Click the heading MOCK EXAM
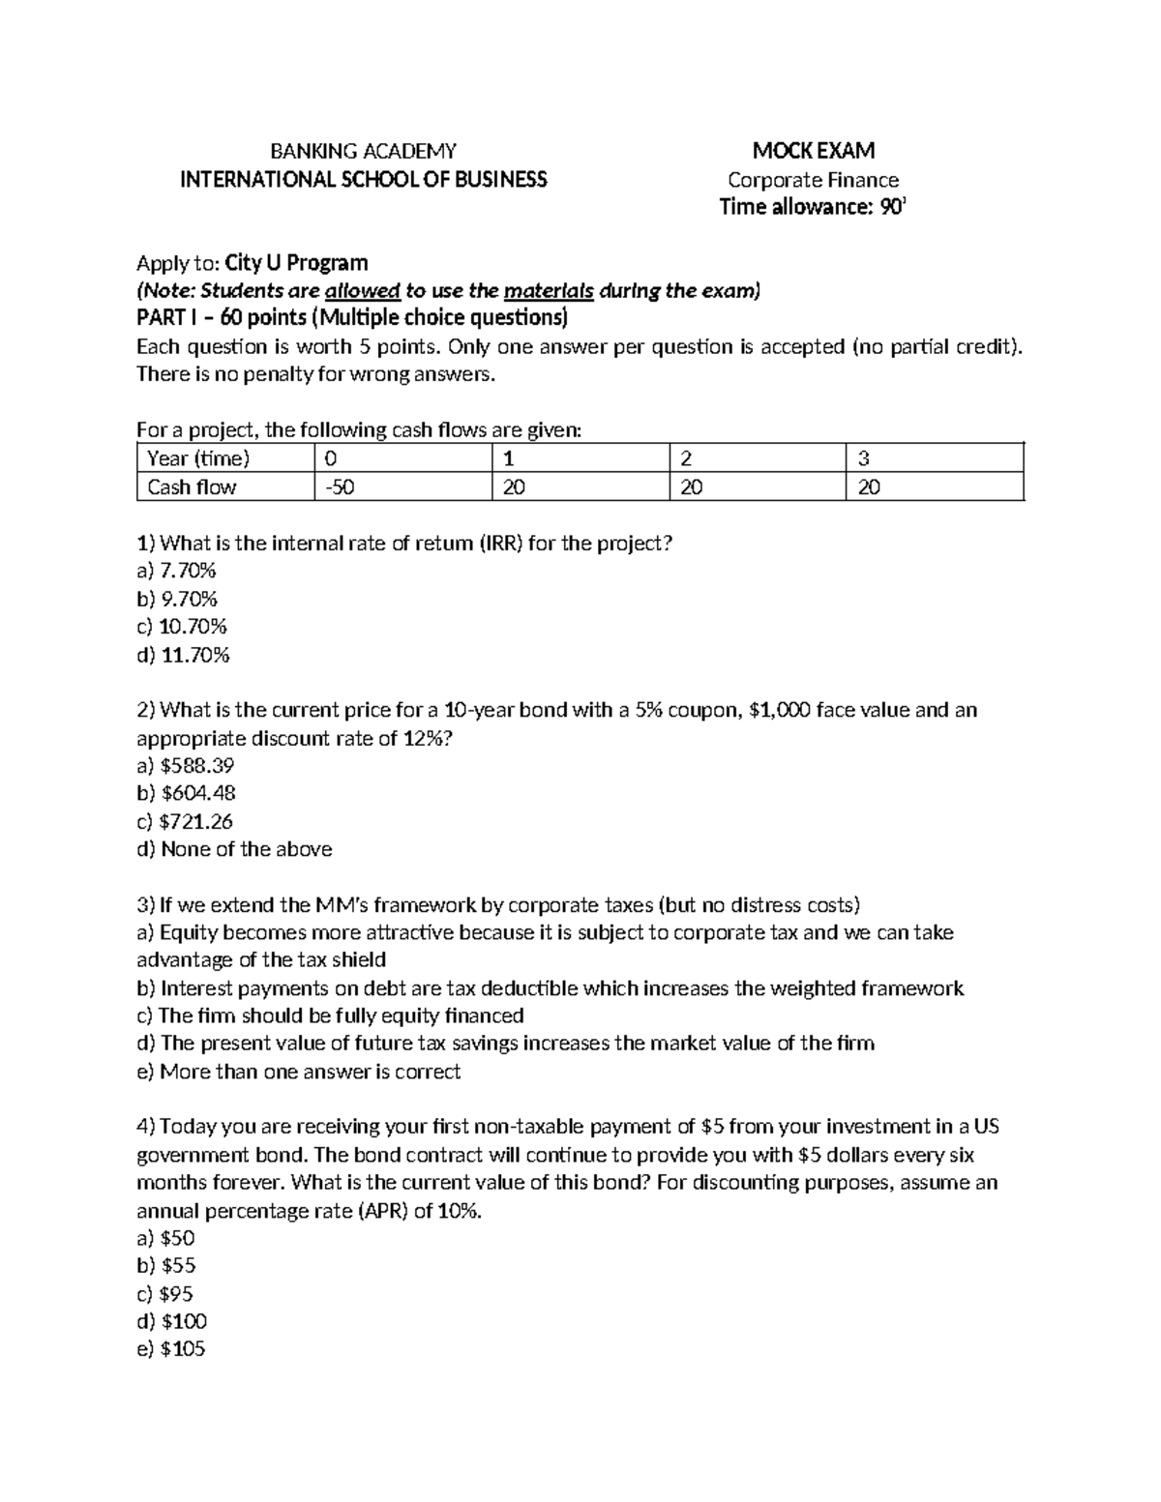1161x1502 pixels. click(x=813, y=150)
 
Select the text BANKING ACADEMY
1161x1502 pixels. click(x=363, y=151)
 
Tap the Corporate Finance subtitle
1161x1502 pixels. click(x=813, y=180)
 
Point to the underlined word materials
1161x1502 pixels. click(x=549, y=291)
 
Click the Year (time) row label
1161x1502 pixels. click(x=198, y=458)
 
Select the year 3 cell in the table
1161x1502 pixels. click(x=864, y=458)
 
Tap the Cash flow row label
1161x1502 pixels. click(x=192, y=486)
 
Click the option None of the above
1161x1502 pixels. click(x=235, y=849)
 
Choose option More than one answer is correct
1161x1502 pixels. click(x=299, y=1072)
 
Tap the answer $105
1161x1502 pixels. click(x=172, y=1349)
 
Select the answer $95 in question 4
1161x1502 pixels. click(x=166, y=1294)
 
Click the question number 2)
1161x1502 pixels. click(x=146, y=710)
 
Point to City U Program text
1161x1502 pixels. click(x=296, y=263)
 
